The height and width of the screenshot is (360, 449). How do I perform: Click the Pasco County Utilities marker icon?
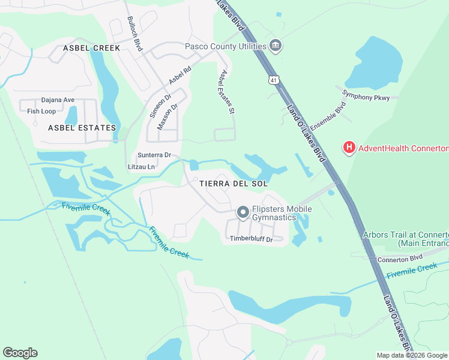click(x=276, y=46)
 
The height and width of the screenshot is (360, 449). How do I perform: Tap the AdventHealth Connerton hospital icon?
click(x=348, y=148)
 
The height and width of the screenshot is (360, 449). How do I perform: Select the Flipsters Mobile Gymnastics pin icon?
click(x=243, y=212)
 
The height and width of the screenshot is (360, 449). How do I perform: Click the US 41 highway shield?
click(x=274, y=79)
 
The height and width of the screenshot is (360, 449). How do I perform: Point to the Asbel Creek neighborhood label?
click(x=92, y=48)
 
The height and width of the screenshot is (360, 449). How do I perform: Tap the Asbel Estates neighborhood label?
click(x=82, y=128)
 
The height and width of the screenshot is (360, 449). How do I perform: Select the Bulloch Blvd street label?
click(x=134, y=34)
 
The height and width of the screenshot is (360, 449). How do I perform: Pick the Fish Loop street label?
click(x=41, y=111)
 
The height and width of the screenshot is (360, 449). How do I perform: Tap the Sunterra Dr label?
click(x=154, y=155)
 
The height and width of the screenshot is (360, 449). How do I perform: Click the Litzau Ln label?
click(x=142, y=166)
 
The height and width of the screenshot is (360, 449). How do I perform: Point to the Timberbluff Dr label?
click(x=252, y=239)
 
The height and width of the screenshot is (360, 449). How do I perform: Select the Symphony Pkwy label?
click(x=366, y=97)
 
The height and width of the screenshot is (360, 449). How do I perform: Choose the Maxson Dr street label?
click(x=167, y=117)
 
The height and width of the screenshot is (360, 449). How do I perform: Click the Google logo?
click(x=20, y=353)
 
